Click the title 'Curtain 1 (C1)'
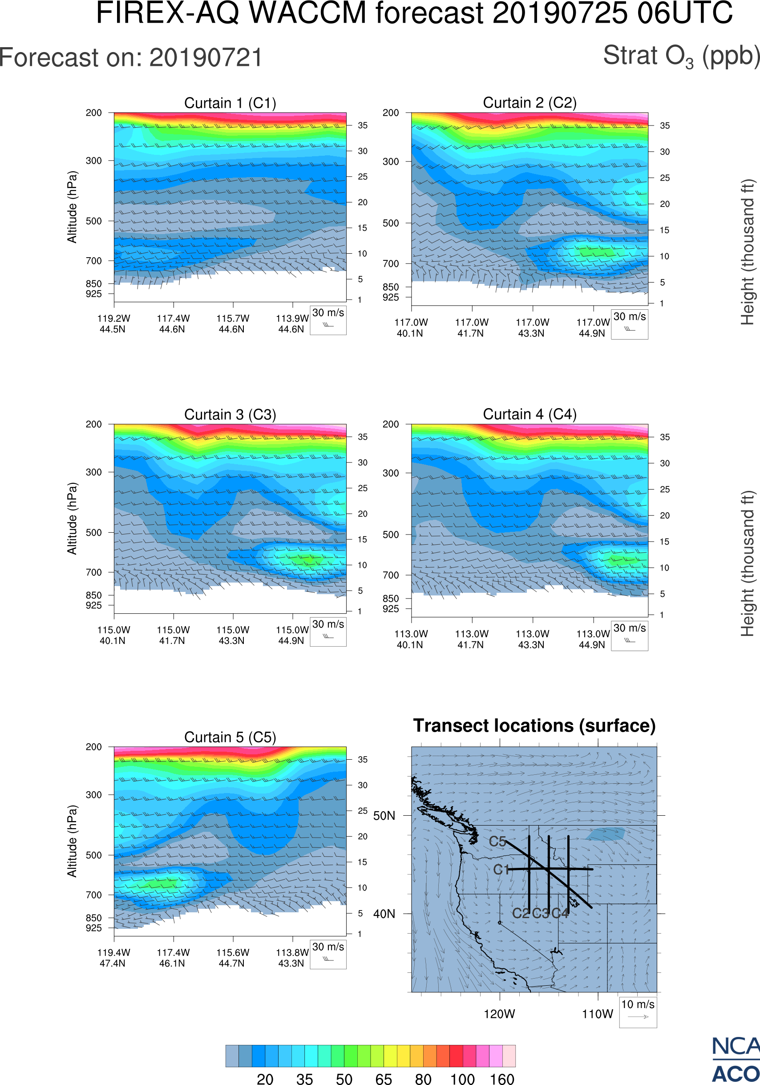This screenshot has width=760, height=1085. click(x=230, y=103)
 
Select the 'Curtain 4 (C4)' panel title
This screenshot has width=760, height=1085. click(x=530, y=414)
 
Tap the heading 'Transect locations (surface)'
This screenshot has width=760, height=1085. click(x=534, y=725)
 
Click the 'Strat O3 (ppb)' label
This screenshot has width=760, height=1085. click(x=681, y=57)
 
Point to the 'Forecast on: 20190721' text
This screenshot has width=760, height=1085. click(x=131, y=58)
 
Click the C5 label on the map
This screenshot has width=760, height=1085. click(x=497, y=841)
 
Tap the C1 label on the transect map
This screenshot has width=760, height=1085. click(x=501, y=870)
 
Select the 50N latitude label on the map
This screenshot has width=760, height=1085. click(x=384, y=816)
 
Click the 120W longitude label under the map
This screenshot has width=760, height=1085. click(x=499, y=1014)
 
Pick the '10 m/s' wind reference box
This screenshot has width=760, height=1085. click(x=638, y=1012)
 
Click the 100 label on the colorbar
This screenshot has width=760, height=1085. click(x=462, y=1078)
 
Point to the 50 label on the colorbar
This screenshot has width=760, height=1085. click(x=344, y=1078)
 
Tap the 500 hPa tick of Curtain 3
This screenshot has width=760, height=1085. click(x=93, y=533)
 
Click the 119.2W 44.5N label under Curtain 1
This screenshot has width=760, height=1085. click(x=113, y=324)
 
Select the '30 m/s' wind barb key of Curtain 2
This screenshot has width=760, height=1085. click(x=629, y=324)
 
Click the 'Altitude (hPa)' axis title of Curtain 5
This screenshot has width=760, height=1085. click(x=72, y=841)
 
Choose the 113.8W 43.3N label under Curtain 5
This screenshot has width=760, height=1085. click(x=292, y=957)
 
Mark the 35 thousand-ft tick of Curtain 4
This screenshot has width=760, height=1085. click(x=665, y=437)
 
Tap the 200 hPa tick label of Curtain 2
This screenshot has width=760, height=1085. click(x=391, y=113)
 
